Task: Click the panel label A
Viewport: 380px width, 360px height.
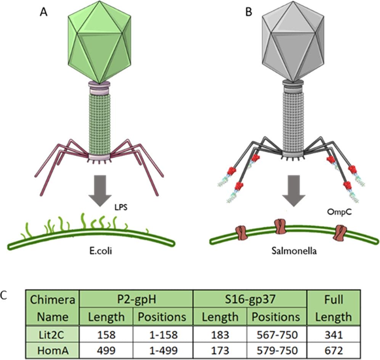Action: (45, 12)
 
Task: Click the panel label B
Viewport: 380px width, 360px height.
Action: (248, 12)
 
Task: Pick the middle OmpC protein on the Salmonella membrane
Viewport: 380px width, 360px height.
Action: (280, 226)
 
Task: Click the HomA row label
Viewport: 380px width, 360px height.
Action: (52, 350)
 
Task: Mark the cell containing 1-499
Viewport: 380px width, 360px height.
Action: (163, 350)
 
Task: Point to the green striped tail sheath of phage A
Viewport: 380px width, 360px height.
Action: (100, 122)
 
